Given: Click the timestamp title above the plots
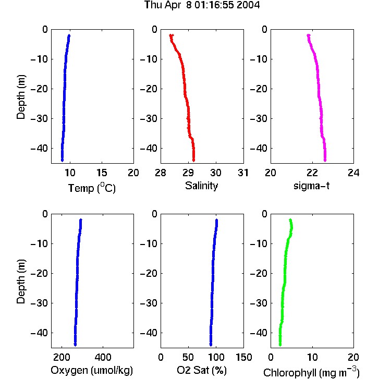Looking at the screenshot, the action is [202, 5].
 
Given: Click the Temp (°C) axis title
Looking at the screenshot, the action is [92, 188].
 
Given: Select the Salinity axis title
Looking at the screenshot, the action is [201, 186].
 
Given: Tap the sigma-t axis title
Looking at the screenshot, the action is [311, 186].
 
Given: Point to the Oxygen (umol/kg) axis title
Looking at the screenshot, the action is [92, 371].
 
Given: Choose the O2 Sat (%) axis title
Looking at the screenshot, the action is [202, 370].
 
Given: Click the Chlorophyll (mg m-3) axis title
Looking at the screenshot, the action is [311, 372].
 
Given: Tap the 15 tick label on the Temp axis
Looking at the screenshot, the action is [102, 173].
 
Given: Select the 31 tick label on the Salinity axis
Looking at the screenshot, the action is [243, 173].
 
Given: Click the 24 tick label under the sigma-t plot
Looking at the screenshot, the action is [353, 173].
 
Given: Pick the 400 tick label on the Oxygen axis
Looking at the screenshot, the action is [103, 357].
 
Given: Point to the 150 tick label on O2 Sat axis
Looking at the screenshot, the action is [244, 357].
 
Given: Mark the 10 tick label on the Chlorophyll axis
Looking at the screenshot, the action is [312, 357].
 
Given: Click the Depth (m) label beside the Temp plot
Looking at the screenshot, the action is [21, 97].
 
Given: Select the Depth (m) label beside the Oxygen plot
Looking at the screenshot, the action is [21, 282].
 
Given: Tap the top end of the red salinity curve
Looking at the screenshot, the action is [171, 35].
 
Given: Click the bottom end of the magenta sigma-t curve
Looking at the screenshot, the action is [325, 161].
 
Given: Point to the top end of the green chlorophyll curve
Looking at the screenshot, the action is [290, 220].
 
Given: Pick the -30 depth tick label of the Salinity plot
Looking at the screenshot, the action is [150, 119].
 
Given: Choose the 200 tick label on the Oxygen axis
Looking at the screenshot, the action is [62, 357].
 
